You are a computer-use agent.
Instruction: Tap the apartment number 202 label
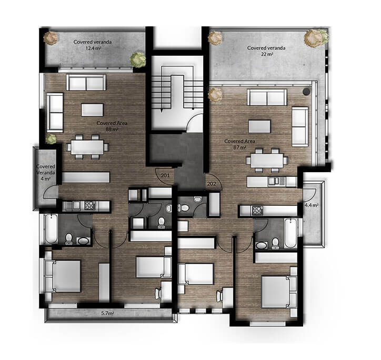(212, 184)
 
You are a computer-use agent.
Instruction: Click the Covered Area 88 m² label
(112, 126)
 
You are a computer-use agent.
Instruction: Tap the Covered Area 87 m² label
(240, 145)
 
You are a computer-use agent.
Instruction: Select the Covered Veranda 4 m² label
(46, 172)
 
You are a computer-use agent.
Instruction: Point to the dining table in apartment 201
(88, 146)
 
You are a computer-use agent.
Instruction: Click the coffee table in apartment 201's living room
(93, 109)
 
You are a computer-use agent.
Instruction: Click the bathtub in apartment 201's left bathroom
(51, 229)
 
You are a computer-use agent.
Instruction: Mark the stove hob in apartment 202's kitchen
(258, 211)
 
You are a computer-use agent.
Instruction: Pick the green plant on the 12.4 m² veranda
(138, 59)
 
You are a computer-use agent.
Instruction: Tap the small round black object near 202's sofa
(306, 91)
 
